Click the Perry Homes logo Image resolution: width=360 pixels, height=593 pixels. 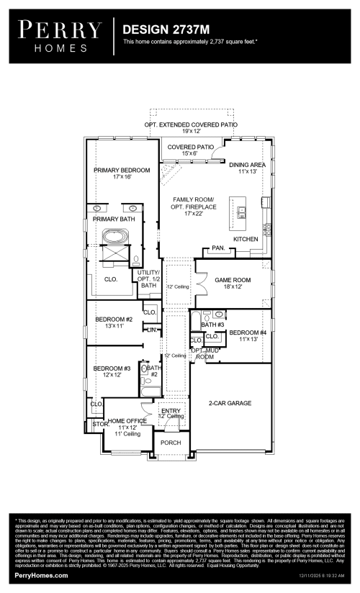(60, 34)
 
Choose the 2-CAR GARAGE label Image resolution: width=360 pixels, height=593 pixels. (230, 404)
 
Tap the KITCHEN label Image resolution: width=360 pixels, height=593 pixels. (246, 238)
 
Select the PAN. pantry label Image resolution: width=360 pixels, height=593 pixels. (217, 249)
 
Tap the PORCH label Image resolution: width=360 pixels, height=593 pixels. (171, 443)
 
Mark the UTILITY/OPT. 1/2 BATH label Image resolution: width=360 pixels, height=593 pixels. (148, 279)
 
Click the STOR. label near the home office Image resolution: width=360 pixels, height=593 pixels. (99, 425)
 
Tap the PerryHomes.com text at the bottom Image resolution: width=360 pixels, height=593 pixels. (42, 576)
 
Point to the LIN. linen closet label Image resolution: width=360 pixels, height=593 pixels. (151, 330)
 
